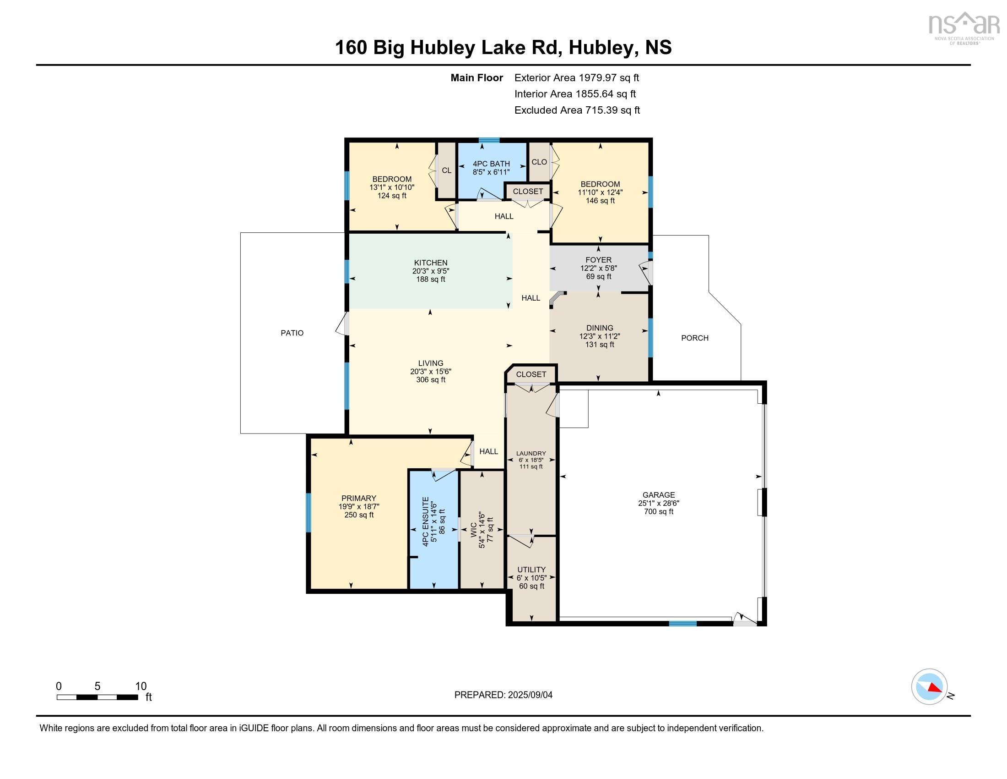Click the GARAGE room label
658,495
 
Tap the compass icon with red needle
929,686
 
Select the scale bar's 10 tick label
141,686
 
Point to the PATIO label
292,333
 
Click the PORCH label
694,338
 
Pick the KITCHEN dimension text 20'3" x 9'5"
430,271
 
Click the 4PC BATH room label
491,164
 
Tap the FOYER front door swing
646,273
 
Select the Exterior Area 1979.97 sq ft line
576,77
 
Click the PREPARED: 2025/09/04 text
503,695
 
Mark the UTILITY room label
531,570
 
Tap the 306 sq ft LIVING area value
430,380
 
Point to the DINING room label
600,328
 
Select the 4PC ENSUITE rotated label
426,521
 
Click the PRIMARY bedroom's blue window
309,513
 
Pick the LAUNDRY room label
531,453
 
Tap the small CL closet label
446,170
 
